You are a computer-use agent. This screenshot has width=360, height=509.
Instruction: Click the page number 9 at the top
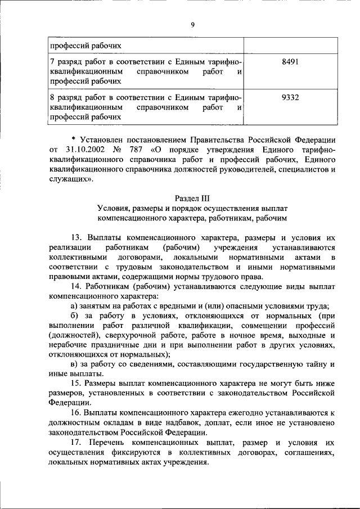[x=192, y=24]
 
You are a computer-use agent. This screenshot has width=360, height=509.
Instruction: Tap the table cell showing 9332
[x=290, y=97]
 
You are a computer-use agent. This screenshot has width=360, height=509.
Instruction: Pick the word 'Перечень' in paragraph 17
[x=106, y=443]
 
